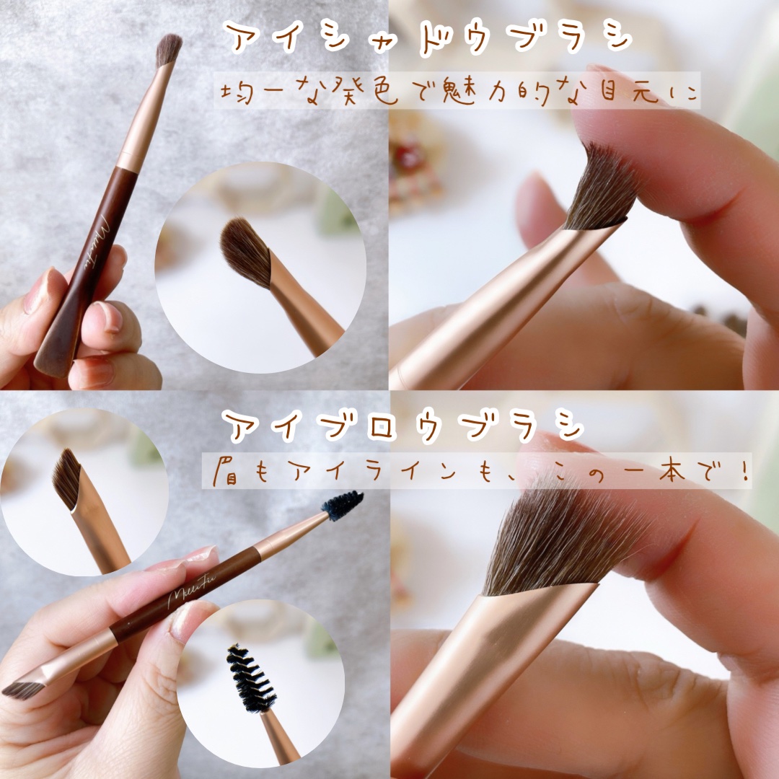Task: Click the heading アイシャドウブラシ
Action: (427, 38)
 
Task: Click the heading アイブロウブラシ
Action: (402, 426)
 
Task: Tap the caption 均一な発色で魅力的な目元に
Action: (458, 91)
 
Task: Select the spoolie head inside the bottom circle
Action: (250, 679)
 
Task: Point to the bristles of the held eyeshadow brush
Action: (168, 50)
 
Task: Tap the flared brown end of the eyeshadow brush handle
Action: (56, 348)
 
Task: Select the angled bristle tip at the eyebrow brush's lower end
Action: (22, 690)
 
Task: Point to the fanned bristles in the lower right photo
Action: (556, 542)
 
